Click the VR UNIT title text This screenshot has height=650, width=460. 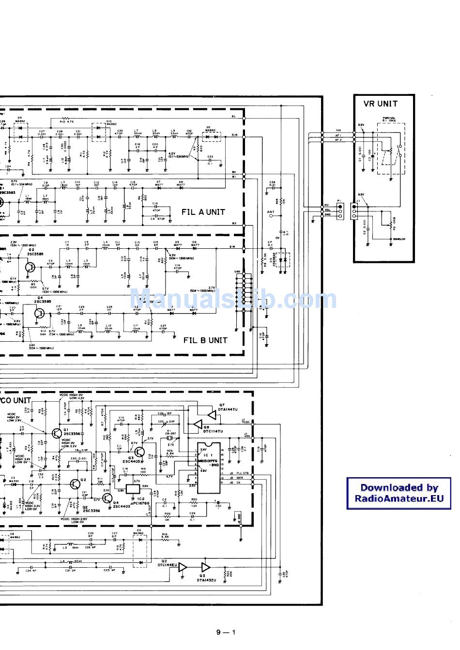[x=380, y=104]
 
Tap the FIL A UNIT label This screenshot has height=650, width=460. [x=203, y=212]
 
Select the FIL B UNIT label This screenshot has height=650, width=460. [x=205, y=340]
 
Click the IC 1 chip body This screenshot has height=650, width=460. [x=208, y=467]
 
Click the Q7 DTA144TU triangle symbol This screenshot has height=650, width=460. [x=211, y=415]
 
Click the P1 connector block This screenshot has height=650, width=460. [x=340, y=210]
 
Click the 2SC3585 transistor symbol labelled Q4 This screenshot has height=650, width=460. [x=40, y=313]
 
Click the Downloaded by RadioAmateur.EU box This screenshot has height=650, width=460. [x=399, y=493]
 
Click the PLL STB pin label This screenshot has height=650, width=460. [x=242, y=473]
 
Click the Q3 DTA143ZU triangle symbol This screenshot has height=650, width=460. [x=206, y=567]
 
